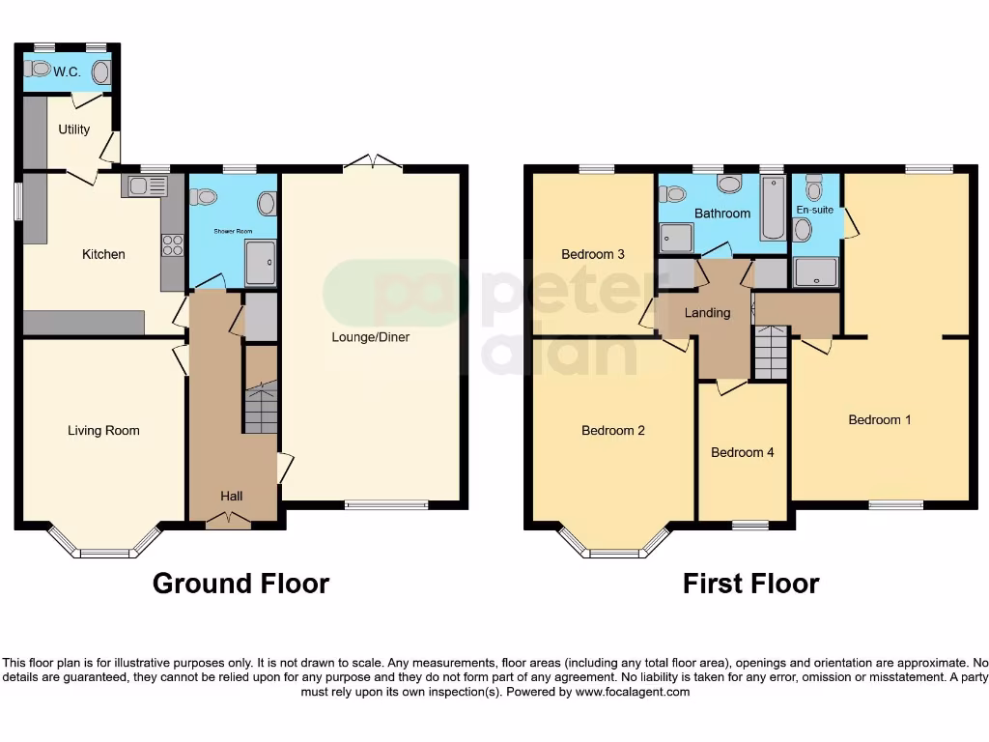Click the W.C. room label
(67, 71)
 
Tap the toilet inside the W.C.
(37, 69)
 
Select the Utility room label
(73, 129)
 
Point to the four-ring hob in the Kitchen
(173, 245)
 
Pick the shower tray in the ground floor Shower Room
(260, 263)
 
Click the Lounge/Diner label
(370, 337)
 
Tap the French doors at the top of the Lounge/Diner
(372, 162)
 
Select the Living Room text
(103, 431)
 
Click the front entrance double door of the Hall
(229, 521)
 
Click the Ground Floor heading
(240, 584)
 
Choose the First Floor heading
(750, 584)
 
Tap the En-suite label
(814, 209)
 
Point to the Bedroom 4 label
(742, 452)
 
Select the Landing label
(707, 313)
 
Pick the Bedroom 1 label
(879, 420)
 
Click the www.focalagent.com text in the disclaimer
(633, 692)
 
